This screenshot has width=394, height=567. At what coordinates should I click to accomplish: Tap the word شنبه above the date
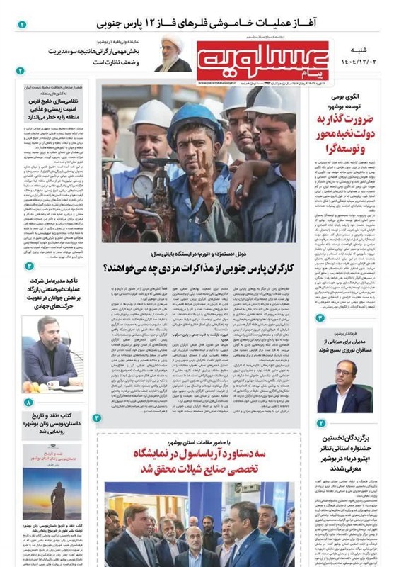(x=363, y=50)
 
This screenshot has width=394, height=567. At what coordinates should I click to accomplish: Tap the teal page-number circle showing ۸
(x=28, y=403)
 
